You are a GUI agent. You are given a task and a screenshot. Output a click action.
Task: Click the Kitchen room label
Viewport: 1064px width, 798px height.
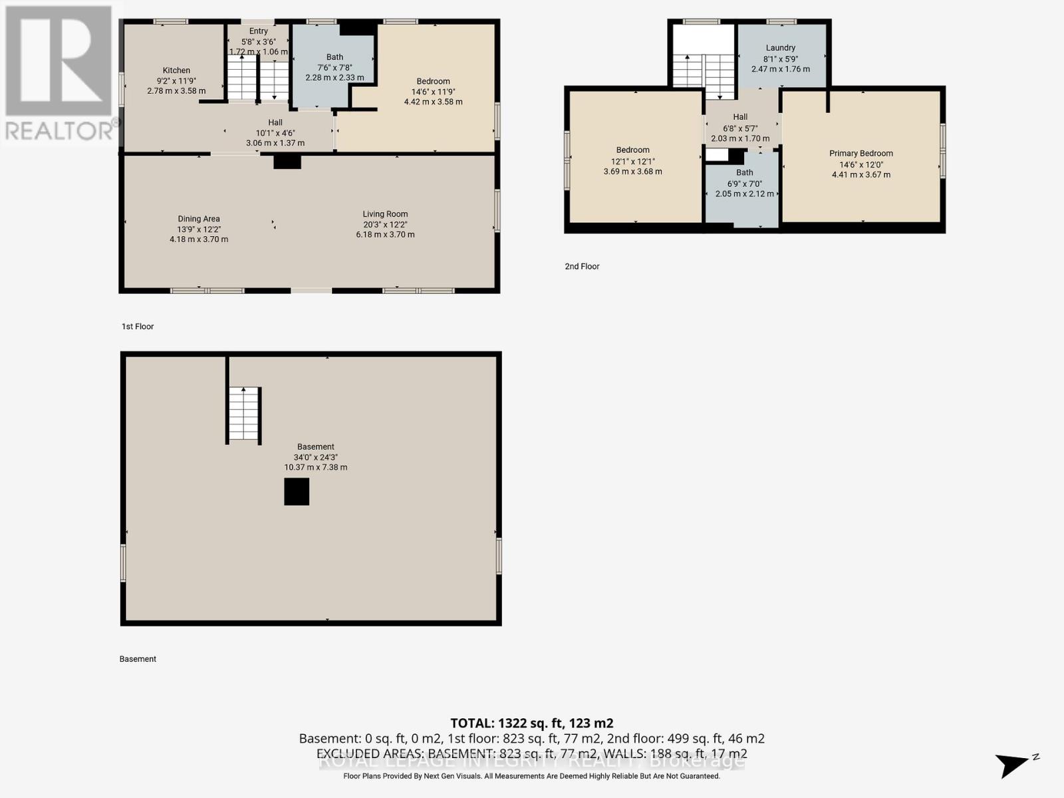tap(176, 70)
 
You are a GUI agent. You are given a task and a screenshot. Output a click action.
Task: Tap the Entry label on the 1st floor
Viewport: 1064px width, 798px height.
tap(259, 31)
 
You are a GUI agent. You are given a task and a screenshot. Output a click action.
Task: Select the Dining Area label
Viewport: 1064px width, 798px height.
tap(198, 219)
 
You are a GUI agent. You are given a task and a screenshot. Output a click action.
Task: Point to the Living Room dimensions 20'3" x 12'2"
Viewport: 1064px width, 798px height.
tap(385, 225)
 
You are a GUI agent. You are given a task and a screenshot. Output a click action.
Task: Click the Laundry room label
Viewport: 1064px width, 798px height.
tap(780, 48)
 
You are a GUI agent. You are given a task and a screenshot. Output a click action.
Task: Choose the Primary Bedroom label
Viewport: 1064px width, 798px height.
tap(861, 154)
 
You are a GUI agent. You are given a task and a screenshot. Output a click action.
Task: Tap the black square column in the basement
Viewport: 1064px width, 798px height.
tap(297, 492)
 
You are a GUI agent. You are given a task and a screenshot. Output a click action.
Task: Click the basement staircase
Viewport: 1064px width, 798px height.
tap(243, 414)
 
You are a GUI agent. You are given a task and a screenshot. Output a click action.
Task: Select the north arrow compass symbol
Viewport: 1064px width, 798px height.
tap(1015, 765)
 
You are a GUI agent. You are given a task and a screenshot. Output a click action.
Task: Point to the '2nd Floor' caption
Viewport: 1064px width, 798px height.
tap(582, 267)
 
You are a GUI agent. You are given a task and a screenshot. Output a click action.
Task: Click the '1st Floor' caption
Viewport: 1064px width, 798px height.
tap(138, 327)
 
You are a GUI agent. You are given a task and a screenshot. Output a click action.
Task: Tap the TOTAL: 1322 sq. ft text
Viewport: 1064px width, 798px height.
tap(531, 724)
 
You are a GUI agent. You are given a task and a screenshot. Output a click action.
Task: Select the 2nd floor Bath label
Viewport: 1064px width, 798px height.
tap(744, 173)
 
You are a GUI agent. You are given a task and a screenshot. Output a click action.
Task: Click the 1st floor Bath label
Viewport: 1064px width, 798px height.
tap(334, 57)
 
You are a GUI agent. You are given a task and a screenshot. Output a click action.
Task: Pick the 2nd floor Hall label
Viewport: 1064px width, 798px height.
tap(740, 117)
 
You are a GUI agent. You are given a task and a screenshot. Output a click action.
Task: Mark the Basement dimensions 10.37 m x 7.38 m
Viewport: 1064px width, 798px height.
tap(316, 467)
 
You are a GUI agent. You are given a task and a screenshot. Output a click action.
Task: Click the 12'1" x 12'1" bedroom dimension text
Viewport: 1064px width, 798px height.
tap(632, 161)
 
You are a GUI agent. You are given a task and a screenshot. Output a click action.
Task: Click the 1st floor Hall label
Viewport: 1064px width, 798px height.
tap(275, 123)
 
